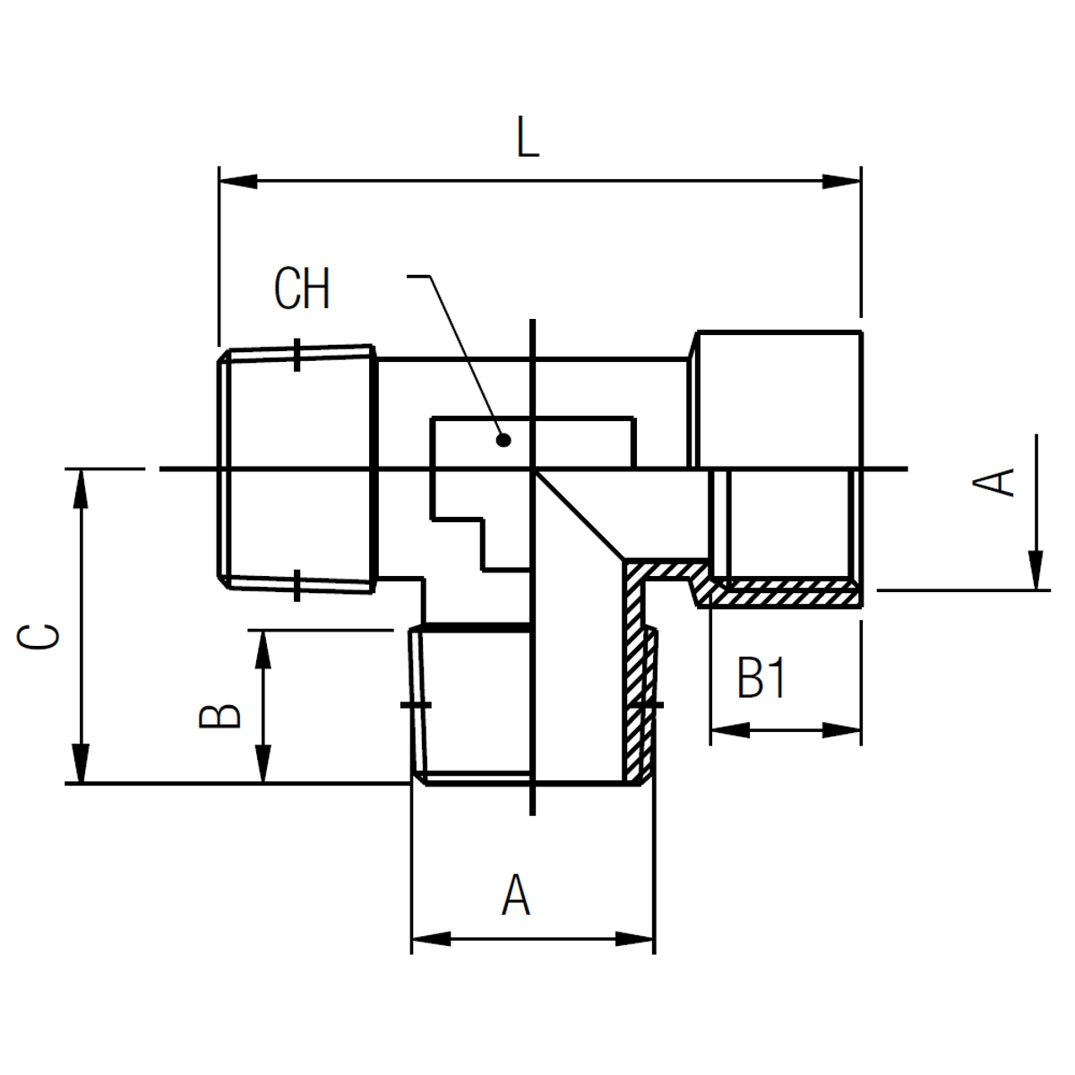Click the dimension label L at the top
coord(528,137)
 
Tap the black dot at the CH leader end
coord(503,441)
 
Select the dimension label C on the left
coord(38,637)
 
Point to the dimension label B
coord(219,717)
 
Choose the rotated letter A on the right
coord(993,483)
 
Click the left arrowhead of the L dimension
coord(238,181)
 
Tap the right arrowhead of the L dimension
coord(842,181)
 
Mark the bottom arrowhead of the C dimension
coord(81,763)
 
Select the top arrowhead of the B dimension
coord(262,649)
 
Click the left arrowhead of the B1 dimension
coord(730,730)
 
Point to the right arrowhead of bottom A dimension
coord(634,939)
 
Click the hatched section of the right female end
coord(781,594)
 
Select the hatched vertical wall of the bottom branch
coord(634,672)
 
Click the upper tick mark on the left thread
coord(297,355)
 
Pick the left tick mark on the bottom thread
coord(416,706)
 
